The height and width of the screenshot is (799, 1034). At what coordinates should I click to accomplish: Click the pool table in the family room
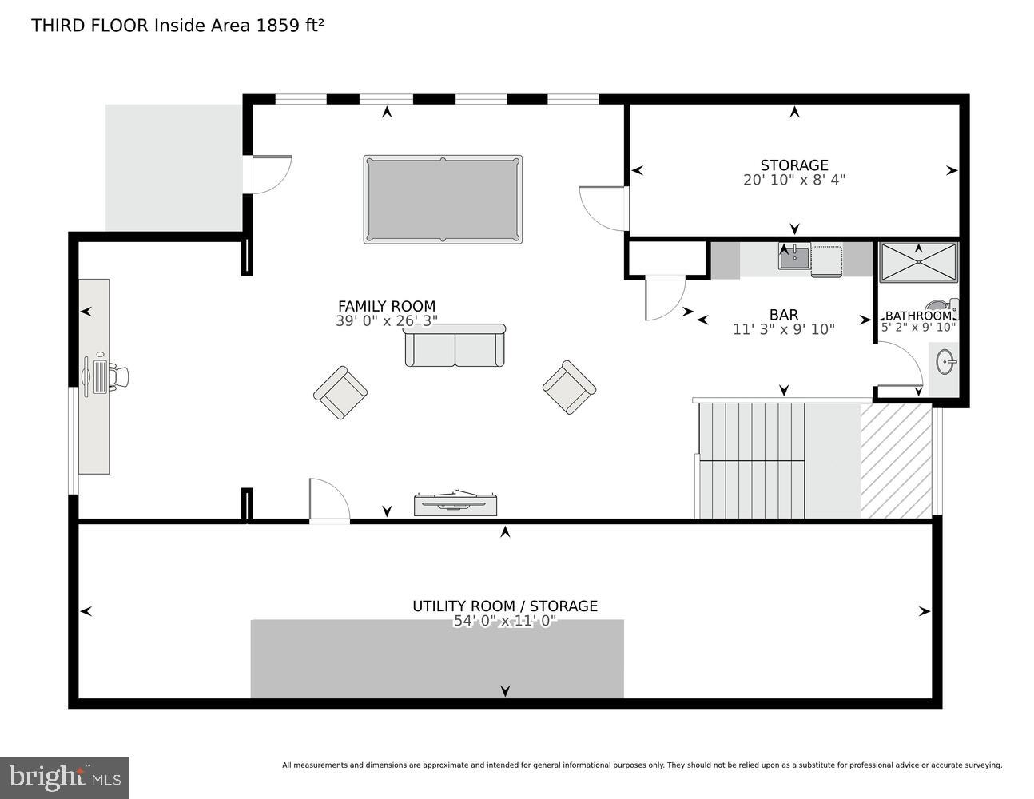442,199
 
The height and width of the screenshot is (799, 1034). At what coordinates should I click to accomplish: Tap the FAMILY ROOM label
387,306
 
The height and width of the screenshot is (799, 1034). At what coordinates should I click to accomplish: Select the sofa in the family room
455,345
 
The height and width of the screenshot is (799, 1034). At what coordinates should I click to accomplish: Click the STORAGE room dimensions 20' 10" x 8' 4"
794,180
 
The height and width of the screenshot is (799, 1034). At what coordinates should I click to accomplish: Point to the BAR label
784,314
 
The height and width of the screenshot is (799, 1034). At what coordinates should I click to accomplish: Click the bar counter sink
794,257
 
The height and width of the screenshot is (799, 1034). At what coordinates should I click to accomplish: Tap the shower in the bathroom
918,262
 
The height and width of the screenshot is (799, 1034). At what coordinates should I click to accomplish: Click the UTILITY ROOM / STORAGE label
505,606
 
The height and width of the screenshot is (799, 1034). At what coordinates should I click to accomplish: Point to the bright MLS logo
65,777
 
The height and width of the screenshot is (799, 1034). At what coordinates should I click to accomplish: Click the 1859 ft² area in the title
290,26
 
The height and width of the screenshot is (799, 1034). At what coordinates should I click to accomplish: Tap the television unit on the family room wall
455,503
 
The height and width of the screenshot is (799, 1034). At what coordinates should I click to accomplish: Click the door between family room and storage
604,209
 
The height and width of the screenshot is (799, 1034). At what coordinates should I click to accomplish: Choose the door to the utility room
329,499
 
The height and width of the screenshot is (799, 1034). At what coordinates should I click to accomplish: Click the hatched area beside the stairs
896,461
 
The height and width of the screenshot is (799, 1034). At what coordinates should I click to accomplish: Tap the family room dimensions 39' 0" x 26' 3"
387,321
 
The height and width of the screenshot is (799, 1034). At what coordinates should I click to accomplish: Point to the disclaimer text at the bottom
642,765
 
